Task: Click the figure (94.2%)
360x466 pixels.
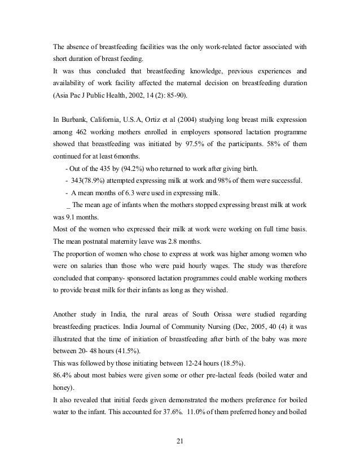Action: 133,168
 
